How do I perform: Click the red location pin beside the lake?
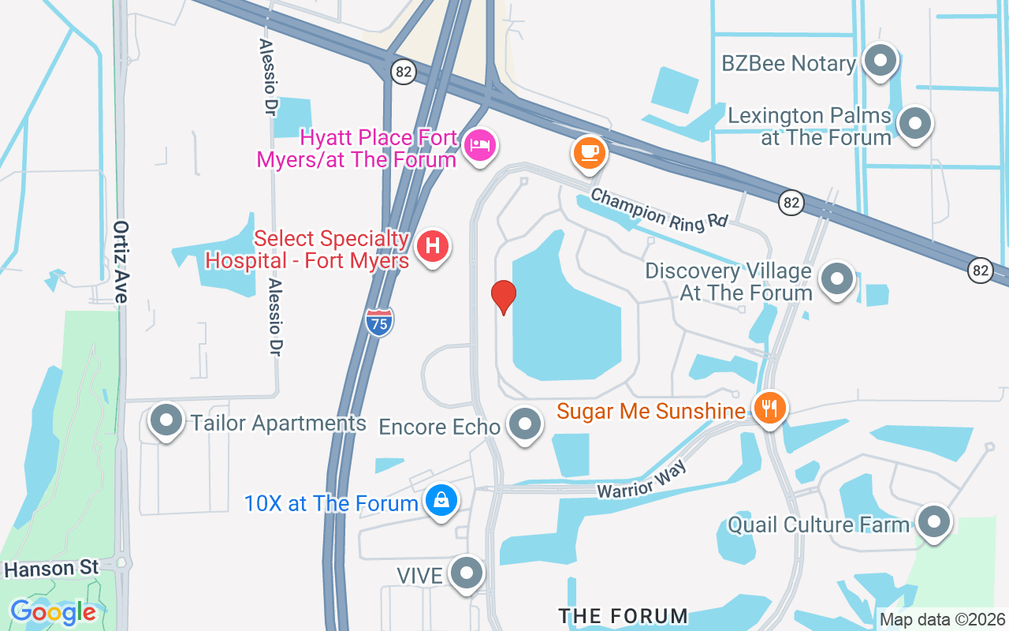pyautogui.click(x=504, y=297)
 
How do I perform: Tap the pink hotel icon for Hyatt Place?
pyautogui.click(x=478, y=145)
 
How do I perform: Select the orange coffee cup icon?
pyautogui.click(x=589, y=151)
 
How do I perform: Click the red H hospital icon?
pyautogui.click(x=432, y=246)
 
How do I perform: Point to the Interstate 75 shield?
pyautogui.click(x=380, y=322)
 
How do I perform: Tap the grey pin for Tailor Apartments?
pyautogui.click(x=166, y=421)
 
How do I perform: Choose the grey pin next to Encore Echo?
pyautogui.click(x=525, y=424)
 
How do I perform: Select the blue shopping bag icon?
pyautogui.click(x=441, y=501)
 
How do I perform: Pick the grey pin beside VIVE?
pyautogui.click(x=467, y=573)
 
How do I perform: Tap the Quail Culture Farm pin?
pyautogui.click(x=934, y=521)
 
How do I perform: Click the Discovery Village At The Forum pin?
pyautogui.click(x=837, y=279)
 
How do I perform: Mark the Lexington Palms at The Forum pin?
pyautogui.click(x=915, y=123)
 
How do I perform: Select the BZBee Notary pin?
pyautogui.click(x=880, y=61)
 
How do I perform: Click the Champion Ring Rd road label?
pyautogui.click(x=659, y=208)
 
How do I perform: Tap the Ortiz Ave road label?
pyautogui.click(x=121, y=261)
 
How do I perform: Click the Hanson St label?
pyautogui.click(x=51, y=568)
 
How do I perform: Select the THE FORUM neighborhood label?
pyautogui.click(x=623, y=615)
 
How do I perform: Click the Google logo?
pyautogui.click(x=53, y=612)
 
